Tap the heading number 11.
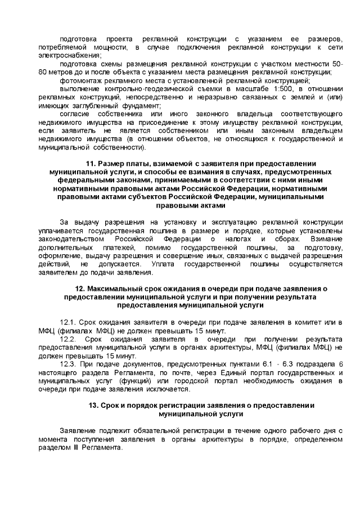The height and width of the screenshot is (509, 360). coord(93,164)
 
